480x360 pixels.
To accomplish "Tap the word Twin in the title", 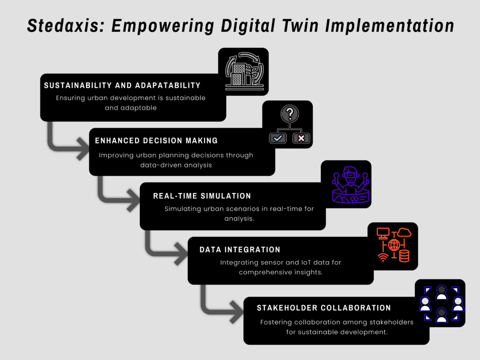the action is tap(300, 25).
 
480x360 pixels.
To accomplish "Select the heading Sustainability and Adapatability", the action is tap(122, 85).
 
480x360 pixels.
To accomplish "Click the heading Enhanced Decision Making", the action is tap(156, 141).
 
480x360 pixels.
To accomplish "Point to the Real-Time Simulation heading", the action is tap(202, 196).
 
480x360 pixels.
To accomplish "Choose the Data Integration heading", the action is tap(240, 250).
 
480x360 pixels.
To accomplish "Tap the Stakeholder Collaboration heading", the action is tap(323, 308).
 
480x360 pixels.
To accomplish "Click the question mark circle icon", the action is tap(290, 114).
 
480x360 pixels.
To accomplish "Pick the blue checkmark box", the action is tap(277, 138).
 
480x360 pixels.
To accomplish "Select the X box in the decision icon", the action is tap(301, 138).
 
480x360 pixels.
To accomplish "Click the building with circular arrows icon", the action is tap(244, 71).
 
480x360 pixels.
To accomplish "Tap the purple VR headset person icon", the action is tap(351, 185).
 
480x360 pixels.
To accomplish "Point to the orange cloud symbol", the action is tap(405, 232).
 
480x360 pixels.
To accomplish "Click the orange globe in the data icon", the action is tap(394, 245).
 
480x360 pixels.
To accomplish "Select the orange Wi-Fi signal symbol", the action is tap(382, 257).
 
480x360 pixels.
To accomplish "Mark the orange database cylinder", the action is tap(404, 256).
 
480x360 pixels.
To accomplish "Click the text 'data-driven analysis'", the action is tap(176, 165).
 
